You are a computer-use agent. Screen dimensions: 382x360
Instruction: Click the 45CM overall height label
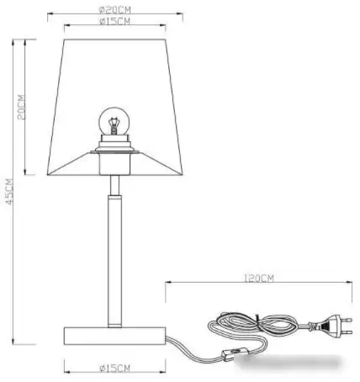point(9,193)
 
